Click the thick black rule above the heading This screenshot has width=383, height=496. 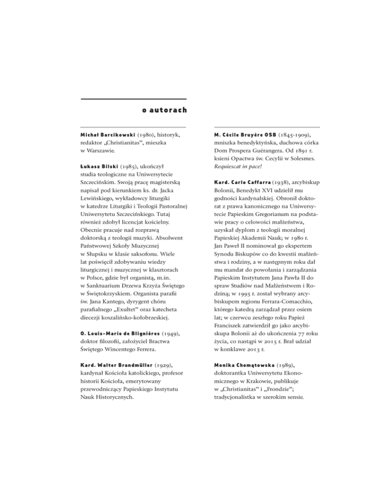tap(133, 99)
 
